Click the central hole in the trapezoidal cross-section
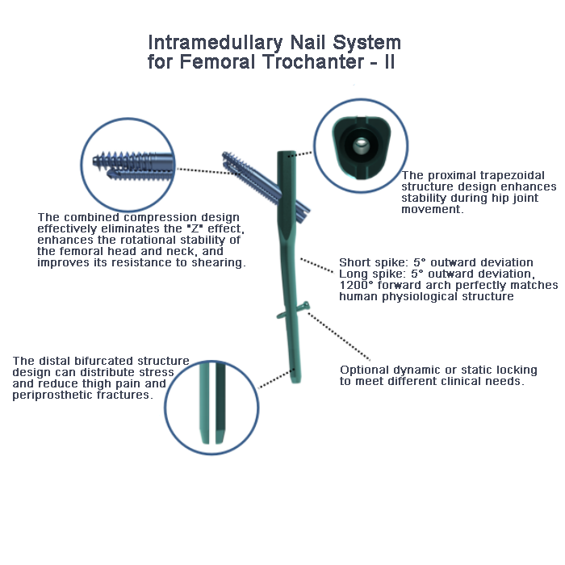click(x=359, y=144)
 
